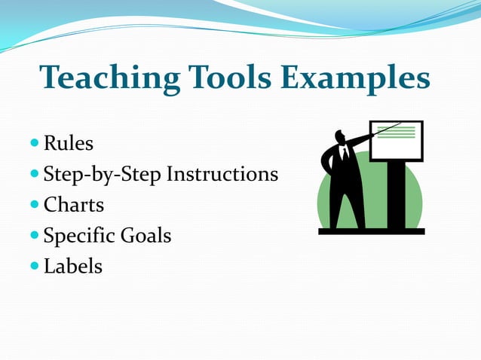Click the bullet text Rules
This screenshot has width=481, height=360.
click(69, 143)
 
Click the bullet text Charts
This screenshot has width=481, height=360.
click(74, 205)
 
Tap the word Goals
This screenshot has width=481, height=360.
click(146, 236)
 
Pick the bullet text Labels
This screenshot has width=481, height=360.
click(73, 266)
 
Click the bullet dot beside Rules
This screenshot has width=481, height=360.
click(35, 143)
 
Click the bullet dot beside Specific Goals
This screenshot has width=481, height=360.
click(35, 236)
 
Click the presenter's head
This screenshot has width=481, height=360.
click(341, 137)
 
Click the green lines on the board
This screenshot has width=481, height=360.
click(397, 132)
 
